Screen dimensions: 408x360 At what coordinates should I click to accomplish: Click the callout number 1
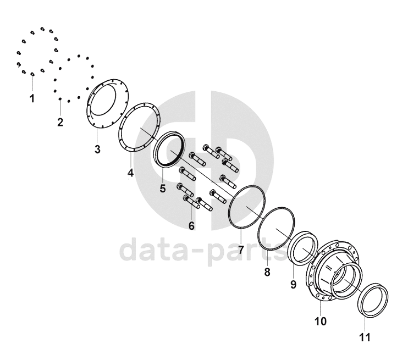pyautogui.click(x=32, y=98)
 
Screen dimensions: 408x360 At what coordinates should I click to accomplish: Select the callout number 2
pyautogui.click(x=60, y=121)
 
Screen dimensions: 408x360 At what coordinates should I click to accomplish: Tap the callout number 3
pyautogui.click(x=97, y=149)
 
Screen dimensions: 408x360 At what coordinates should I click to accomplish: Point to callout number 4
pyautogui.click(x=130, y=173)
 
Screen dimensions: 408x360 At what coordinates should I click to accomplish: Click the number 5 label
pyautogui.click(x=163, y=189)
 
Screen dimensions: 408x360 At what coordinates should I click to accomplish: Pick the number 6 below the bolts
pyautogui.click(x=191, y=226)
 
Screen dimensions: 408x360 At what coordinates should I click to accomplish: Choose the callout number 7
pyautogui.click(x=241, y=250)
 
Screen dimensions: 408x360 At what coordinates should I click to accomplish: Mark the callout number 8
pyautogui.click(x=267, y=272)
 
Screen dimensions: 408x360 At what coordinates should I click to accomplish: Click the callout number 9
pyautogui.click(x=293, y=284)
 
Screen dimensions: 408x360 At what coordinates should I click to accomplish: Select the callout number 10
pyautogui.click(x=321, y=321)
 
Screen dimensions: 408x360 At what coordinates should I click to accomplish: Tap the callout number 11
pyautogui.click(x=365, y=337)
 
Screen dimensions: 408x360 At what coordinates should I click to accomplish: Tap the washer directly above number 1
pyautogui.click(x=32, y=74)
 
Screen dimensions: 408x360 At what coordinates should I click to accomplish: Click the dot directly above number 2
pyautogui.click(x=60, y=99)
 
